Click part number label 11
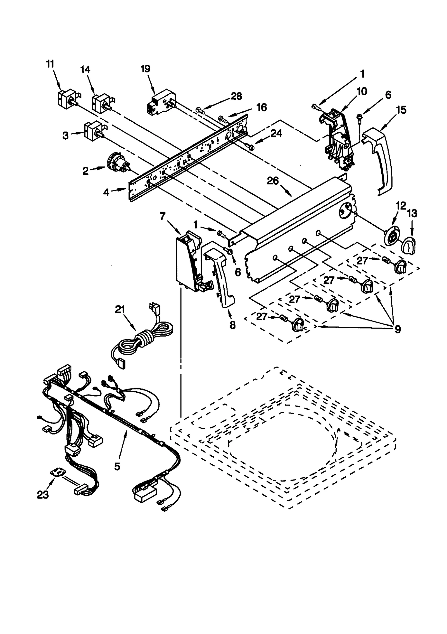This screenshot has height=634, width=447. click(50, 64)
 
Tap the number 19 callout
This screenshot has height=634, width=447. click(146, 69)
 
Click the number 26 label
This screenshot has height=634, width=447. click(273, 181)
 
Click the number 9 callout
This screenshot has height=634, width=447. click(398, 329)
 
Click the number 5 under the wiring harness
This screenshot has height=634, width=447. click(117, 466)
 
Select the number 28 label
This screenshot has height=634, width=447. click(236, 96)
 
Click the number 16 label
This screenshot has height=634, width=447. click(261, 107)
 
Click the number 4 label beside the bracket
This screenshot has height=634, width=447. click(106, 192)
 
